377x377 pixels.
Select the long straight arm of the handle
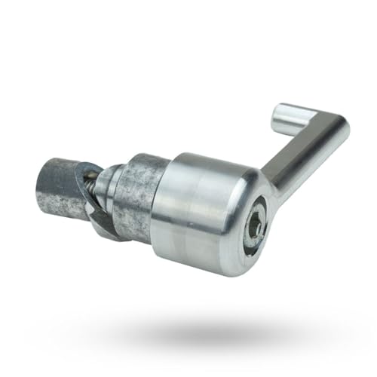tap(299, 162)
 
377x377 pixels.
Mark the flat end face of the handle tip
tap(278, 115)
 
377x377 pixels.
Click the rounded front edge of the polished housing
tap(226, 226)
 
